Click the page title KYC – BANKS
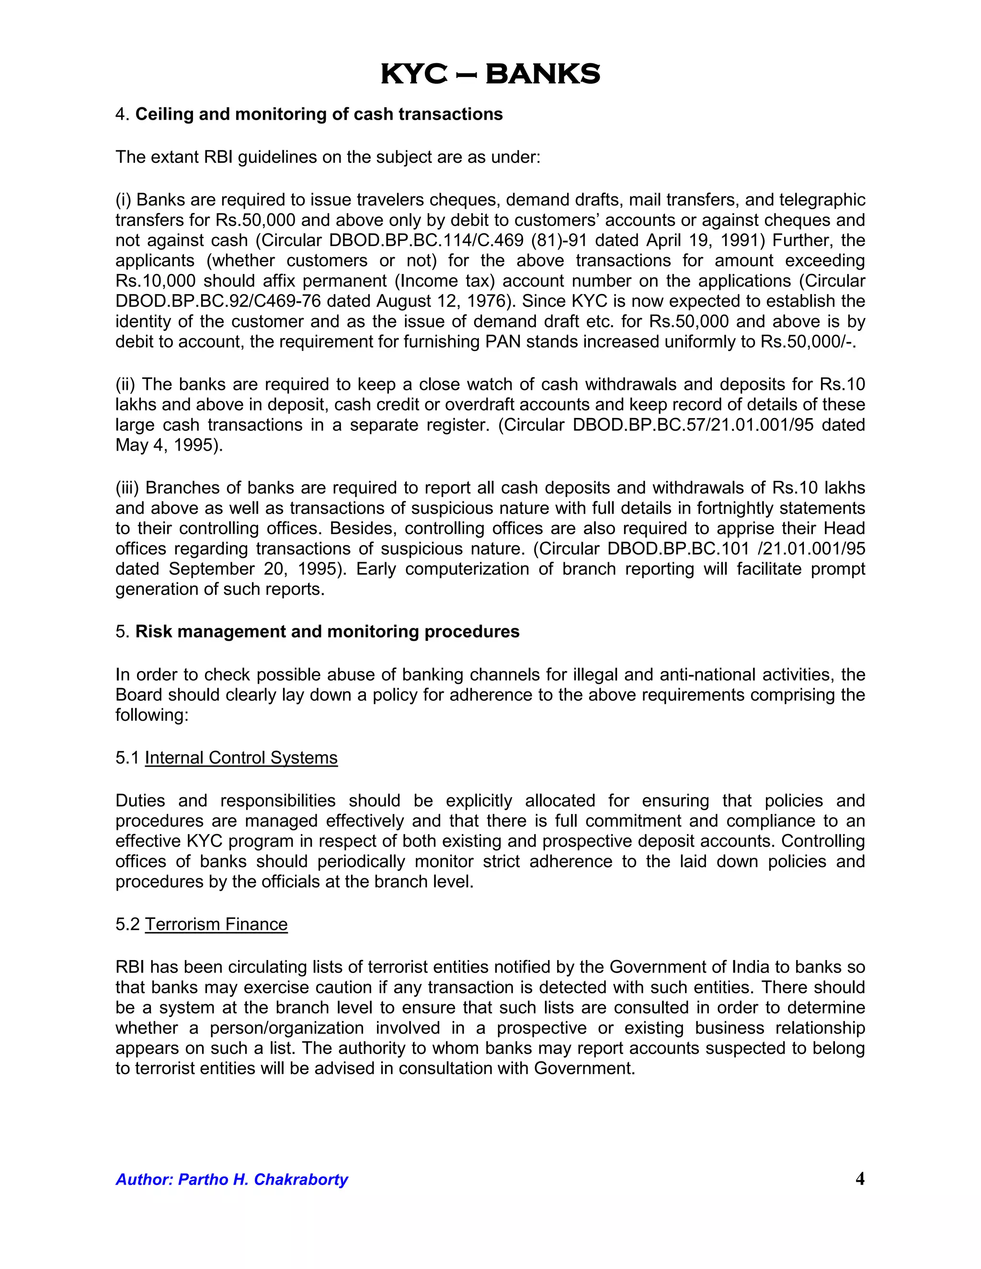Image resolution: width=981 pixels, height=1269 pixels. [x=490, y=74]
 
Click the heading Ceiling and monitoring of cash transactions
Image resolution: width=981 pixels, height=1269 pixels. [x=319, y=114]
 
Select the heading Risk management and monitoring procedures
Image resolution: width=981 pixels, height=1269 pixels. [x=327, y=632]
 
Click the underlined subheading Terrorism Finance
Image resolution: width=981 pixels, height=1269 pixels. [x=216, y=924]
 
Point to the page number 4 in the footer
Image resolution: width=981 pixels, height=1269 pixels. [x=859, y=1178]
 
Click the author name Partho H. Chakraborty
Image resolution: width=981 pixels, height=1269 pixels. [x=262, y=1179]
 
